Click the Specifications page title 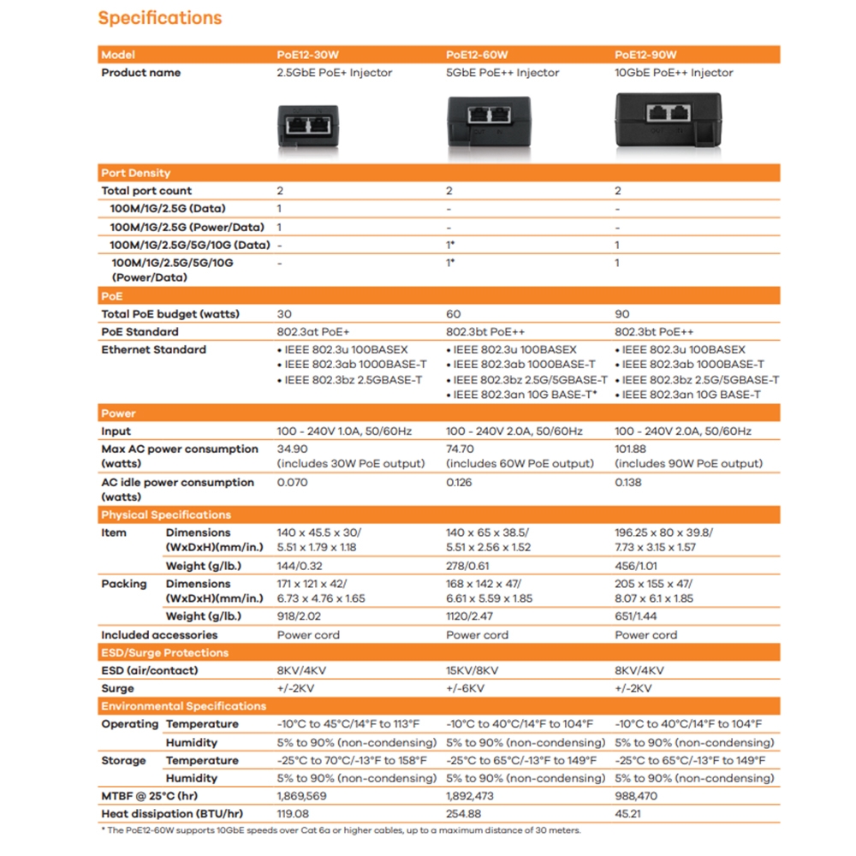(x=159, y=18)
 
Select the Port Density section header (x=136, y=173)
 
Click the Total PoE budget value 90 (x=622, y=314)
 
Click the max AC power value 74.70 (x=463, y=449)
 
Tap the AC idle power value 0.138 (x=629, y=483)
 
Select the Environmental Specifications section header (x=183, y=706)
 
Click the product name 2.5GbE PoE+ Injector (x=335, y=73)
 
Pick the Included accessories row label (x=159, y=635)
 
